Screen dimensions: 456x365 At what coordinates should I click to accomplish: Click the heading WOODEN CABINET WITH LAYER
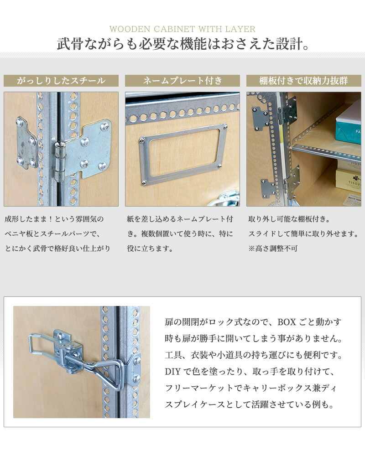click(182, 29)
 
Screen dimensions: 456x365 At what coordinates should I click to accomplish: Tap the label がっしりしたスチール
click(61, 81)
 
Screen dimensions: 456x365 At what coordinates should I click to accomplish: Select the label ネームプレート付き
click(182, 81)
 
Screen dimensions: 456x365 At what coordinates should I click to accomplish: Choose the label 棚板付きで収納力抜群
click(303, 81)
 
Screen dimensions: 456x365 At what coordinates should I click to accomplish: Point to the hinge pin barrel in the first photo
click(59, 161)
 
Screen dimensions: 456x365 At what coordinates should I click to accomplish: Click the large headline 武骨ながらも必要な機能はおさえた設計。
click(182, 45)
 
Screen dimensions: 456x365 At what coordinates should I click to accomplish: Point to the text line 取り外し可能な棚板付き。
click(288, 219)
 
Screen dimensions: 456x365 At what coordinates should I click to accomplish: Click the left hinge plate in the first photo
click(26, 142)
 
